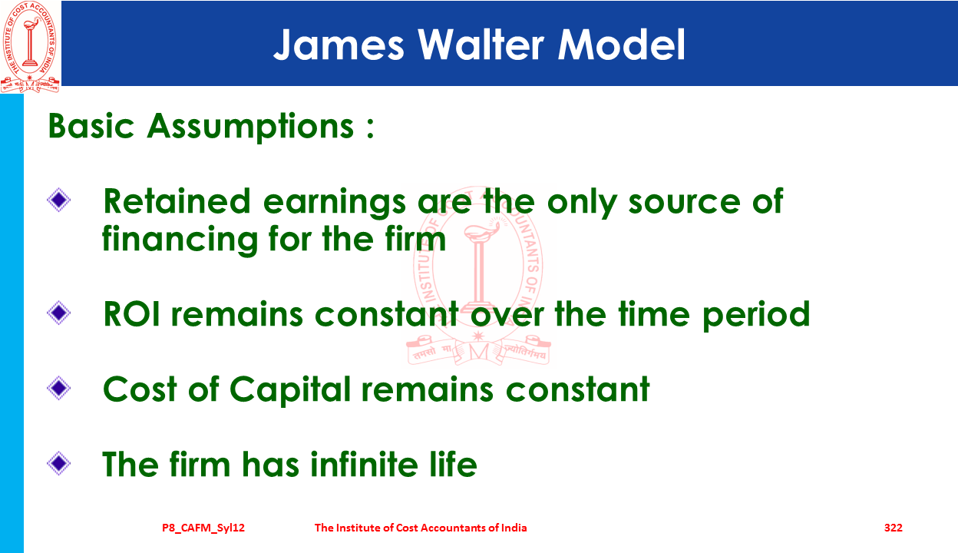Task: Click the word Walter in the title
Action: click(481, 44)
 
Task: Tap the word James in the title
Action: click(339, 44)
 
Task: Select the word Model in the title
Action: click(622, 44)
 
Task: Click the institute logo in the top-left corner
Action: click(30, 46)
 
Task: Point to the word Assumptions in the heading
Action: click(250, 127)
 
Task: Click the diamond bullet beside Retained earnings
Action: click(58, 200)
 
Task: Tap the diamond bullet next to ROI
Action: click(58, 313)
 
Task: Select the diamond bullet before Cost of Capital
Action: click(58, 388)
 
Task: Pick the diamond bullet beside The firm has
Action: click(58, 463)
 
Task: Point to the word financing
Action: click(180, 240)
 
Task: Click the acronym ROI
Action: click(132, 313)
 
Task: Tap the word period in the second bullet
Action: click(756, 315)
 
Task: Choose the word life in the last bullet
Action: click(453, 464)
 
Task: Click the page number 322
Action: click(894, 528)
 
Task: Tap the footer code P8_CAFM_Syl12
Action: click(203, 528)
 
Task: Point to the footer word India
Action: click(514, 528)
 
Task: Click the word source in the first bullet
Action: click(684, 202)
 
